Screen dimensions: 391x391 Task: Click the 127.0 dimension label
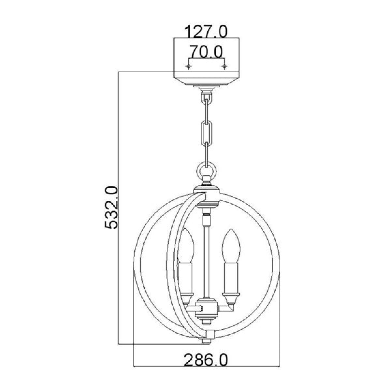pos(206,31)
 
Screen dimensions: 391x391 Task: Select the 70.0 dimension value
pos(206,52)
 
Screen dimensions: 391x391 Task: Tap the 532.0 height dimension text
pos(111,208)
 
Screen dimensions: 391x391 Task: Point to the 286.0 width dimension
pos(206,360)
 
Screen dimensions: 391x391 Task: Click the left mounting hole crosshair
pos(189,66)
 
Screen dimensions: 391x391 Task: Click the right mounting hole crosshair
pos(224,66)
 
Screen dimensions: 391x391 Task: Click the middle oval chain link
pos(207,133)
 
